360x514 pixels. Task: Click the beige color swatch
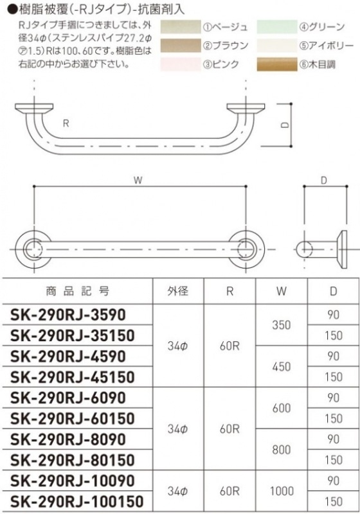[181, 27]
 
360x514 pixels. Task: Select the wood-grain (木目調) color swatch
[276, 64]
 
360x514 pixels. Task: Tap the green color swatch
[276, 27]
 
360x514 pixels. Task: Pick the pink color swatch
[181, 64]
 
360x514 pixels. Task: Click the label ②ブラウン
[226, 46]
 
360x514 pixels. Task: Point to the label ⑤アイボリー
[326, 46]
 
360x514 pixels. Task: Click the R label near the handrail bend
[66, 123]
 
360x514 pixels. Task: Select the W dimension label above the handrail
[138, 181]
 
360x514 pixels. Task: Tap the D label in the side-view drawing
[324, 181]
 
